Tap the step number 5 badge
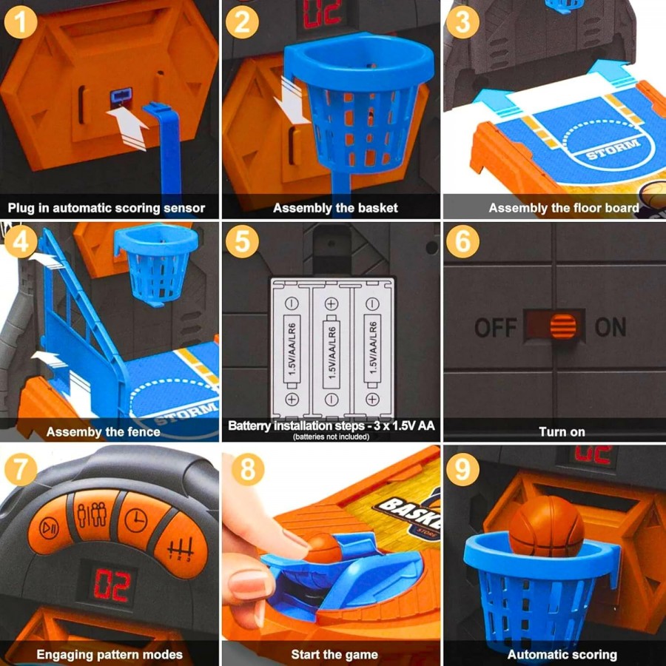pyautogui.click(x=242, y=241)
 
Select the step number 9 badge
pyautogui.click(x=462, y=469)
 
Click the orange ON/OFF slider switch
pyautogui.click(x=563, y=326)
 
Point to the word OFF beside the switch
pyautogui.click(x=496, y=328)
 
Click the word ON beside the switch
pyautogui.click(x=610, y=326)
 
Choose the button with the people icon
pyautogui.click(x=92, y=514)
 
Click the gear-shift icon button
pyautogui.click(x=181, y=547)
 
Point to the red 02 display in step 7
pyautogui.click(x=111, y=585)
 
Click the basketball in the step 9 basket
pyautogui.click(x=547, y=526)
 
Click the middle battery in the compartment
pyautogui.click(x=332, y=351)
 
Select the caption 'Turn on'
pyautogui.click(x=562, y=432)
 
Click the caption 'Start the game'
pyautogui.click(x=334, y=655)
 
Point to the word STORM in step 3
pyautogui.click(x=613, y=149)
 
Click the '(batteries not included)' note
pyautogui.click(x=332, y=437)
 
